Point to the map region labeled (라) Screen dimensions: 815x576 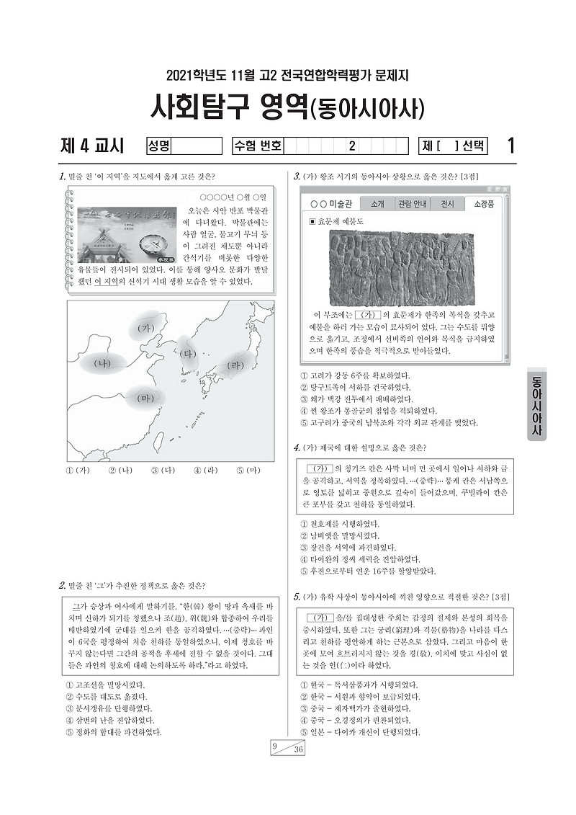[234, 365]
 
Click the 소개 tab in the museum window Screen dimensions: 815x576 [377, 204]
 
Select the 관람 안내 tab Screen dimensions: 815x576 [412, 204]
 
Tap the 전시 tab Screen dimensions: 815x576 [447, 204]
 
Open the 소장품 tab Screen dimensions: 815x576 [484, 204]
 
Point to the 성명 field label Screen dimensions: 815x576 [159, 146]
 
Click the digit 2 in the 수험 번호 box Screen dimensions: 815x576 [351, 146]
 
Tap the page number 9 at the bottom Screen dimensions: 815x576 [275, 747]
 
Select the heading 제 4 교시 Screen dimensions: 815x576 [93, 146]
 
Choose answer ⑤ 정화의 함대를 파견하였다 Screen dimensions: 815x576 [111, 731]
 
